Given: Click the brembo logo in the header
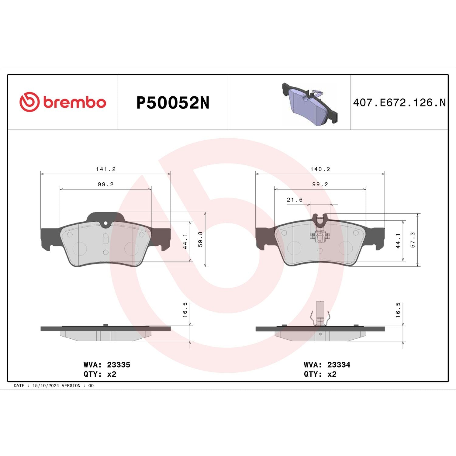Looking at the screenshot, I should point(63,102).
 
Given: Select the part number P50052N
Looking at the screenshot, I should point(173,103).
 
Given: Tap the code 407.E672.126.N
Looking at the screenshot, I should point(399,103).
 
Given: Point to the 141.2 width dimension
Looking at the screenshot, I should point(106,169).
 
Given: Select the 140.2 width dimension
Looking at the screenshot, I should point(320,169).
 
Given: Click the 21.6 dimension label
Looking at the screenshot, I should point(295,200).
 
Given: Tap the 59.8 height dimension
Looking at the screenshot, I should point(200,239).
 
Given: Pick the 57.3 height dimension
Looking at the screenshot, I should point(413,240).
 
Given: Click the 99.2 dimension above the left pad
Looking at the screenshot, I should point(106,185).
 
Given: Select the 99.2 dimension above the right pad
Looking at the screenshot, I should point(320,185).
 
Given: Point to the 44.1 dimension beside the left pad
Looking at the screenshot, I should point(185,241).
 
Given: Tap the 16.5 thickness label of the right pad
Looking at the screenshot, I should point(398,310).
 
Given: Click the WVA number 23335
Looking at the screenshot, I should point(119,365).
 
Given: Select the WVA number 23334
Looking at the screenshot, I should point(339,365).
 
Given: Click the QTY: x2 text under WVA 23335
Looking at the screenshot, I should point(100,374).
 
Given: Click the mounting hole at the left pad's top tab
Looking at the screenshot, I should point(105,223).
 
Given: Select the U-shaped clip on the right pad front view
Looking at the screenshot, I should point(320,220).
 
